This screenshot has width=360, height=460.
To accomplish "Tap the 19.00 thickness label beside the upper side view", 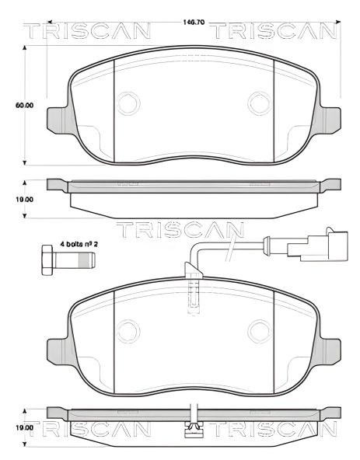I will tap(23, 199).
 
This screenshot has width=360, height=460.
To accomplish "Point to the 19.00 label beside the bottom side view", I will tap(23, 427).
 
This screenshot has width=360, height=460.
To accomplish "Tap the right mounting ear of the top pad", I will tap(330, 118).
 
